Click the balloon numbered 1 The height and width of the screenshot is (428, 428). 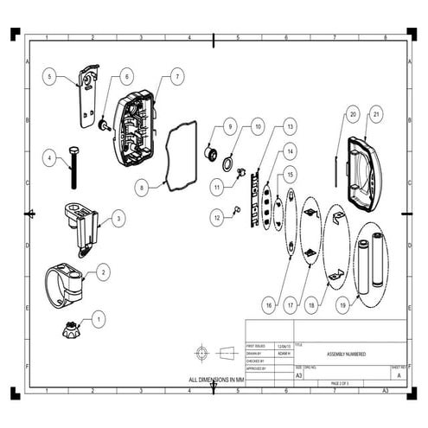pos(99,319)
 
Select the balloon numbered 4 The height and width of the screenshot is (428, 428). pos(50,158)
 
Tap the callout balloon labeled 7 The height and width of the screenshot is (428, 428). pos(176,77)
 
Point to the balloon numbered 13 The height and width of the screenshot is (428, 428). pos(291,126)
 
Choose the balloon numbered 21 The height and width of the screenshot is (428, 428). pos(376,114)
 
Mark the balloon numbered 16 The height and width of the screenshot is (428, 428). pos(268,304)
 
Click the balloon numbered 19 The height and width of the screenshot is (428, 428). pos(344,304)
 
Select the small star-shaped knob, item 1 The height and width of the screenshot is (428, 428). pos(69,329)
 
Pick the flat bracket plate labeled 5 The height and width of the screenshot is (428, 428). pos(87,91)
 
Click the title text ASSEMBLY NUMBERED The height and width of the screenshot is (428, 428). pos(346,355)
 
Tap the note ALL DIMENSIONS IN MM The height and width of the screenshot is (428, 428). pos(217,380)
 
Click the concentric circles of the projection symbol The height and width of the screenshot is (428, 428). pos(202,353)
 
